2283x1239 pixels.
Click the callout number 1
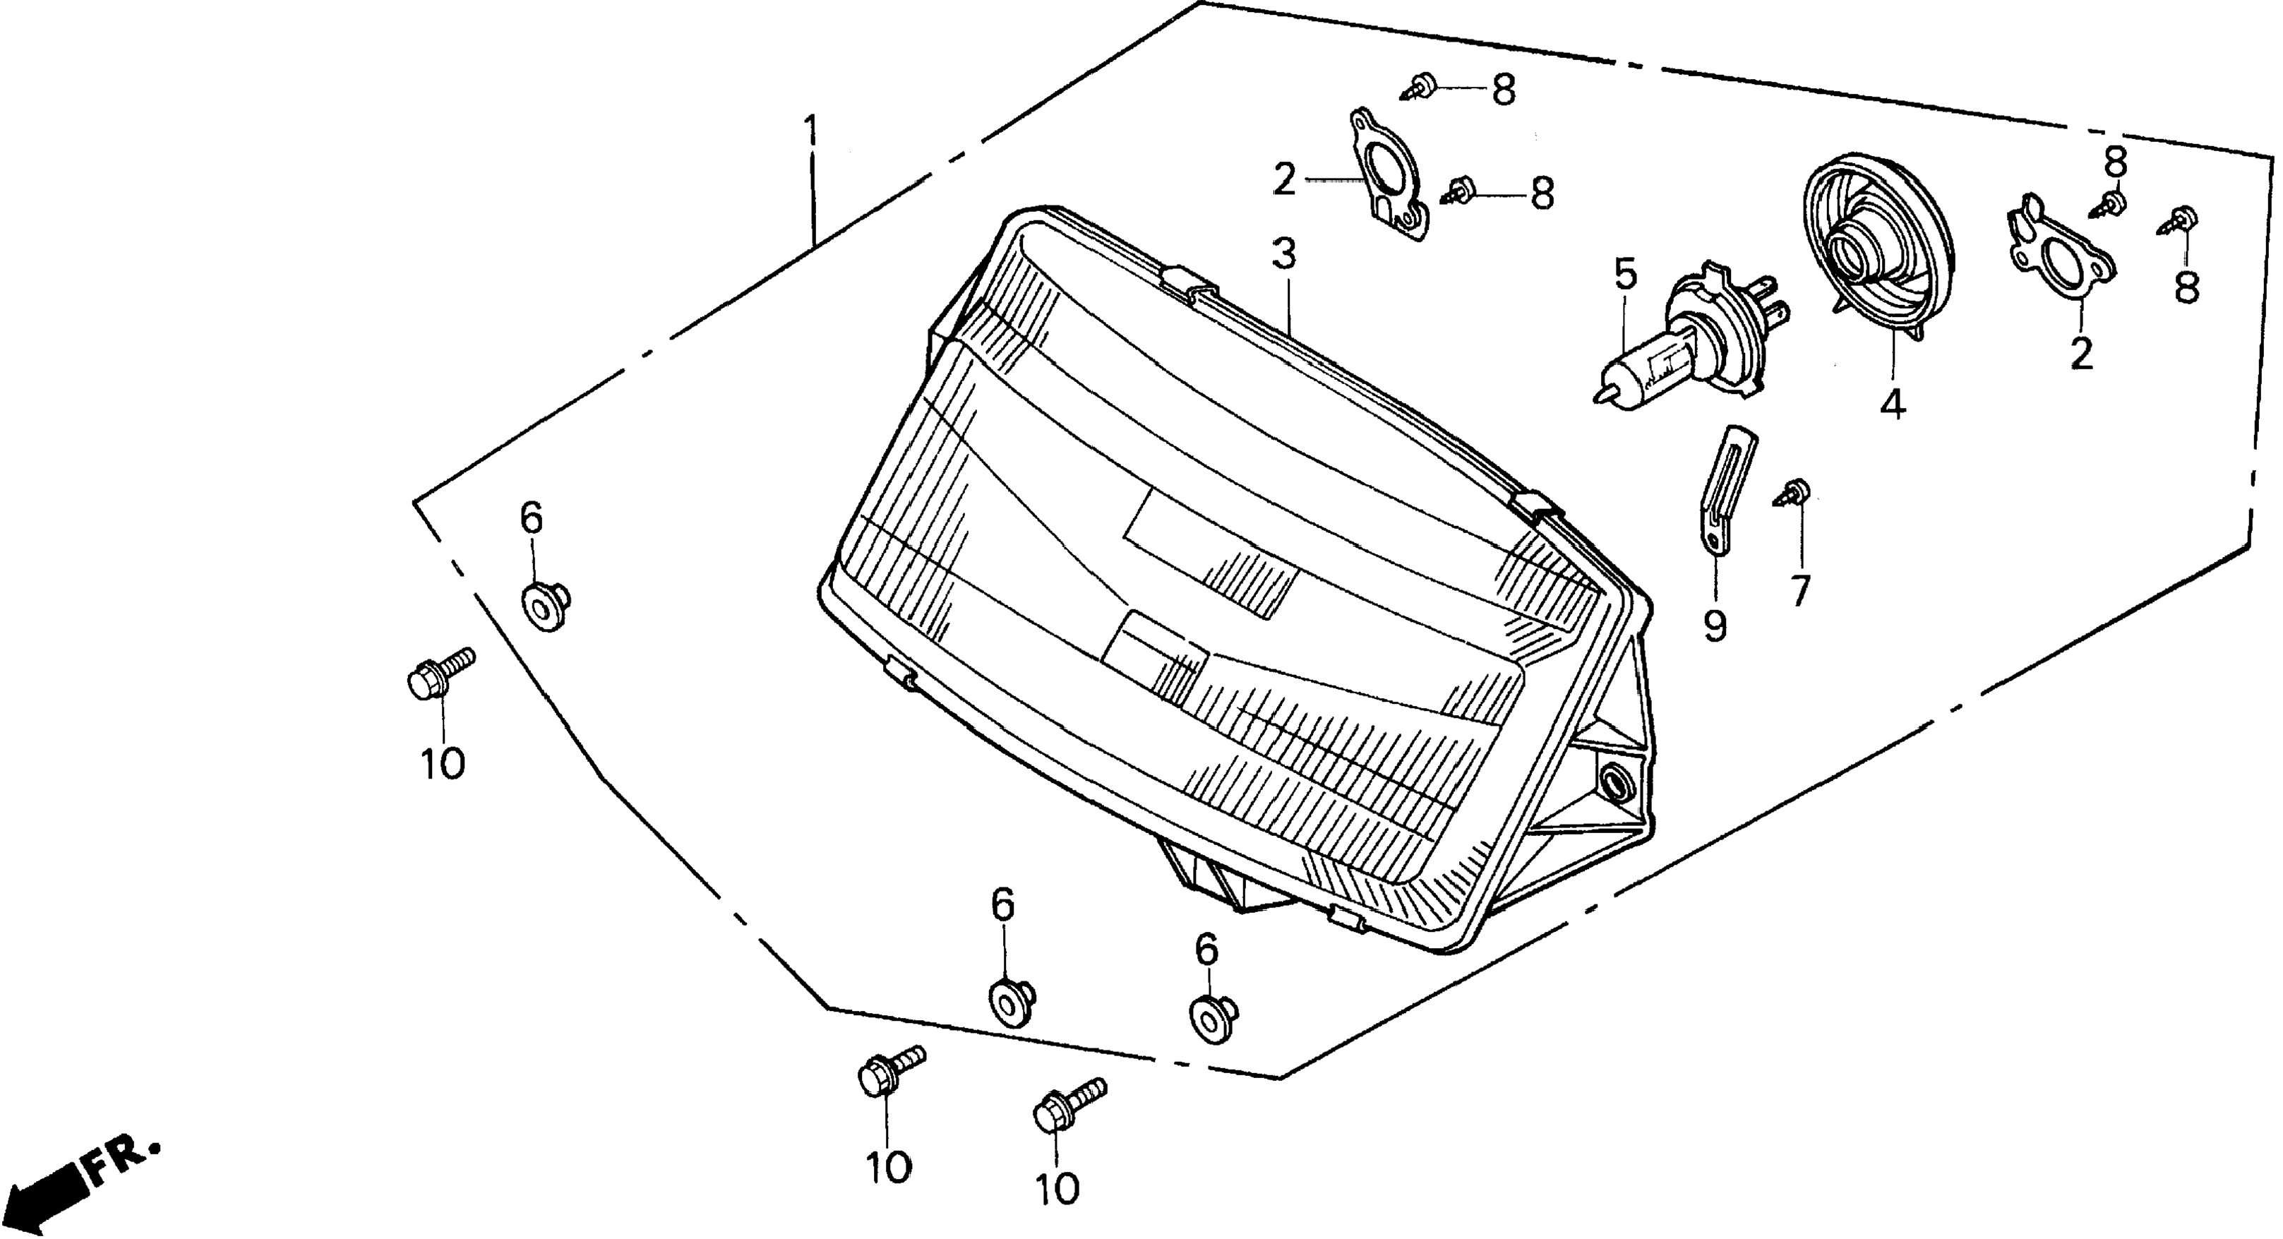[810, 133]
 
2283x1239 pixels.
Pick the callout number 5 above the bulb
[1625, 275]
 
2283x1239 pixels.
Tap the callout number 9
[1715, 626]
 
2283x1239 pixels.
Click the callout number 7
[1799, 590]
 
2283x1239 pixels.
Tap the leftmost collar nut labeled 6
[545, 606]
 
